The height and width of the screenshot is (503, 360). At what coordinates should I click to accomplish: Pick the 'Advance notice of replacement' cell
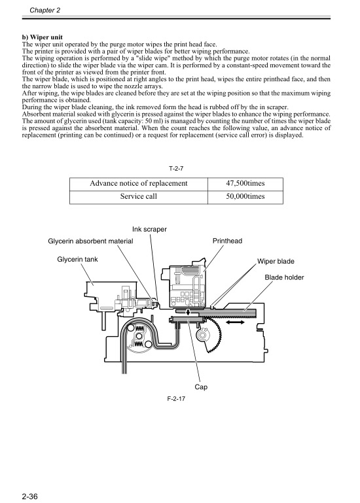click(x=138, y=183)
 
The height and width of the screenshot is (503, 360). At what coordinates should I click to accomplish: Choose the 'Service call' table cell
click(x=138, y=196)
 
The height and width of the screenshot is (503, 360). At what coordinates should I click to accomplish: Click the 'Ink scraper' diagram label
click(x=149, y=229)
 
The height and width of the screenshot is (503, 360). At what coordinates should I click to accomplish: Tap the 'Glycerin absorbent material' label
click(x=91, y=241)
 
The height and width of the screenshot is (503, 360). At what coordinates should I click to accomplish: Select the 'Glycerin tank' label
click(x=78, y=260)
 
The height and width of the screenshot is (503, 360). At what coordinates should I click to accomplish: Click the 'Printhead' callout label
click(x=227, y=241)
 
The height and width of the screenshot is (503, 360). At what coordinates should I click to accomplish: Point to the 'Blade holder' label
click(x=284, y=277)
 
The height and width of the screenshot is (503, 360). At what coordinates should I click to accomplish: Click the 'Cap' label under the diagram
click(x=202, y=387)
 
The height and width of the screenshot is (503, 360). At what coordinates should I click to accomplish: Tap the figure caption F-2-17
click(x=176, y=400)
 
